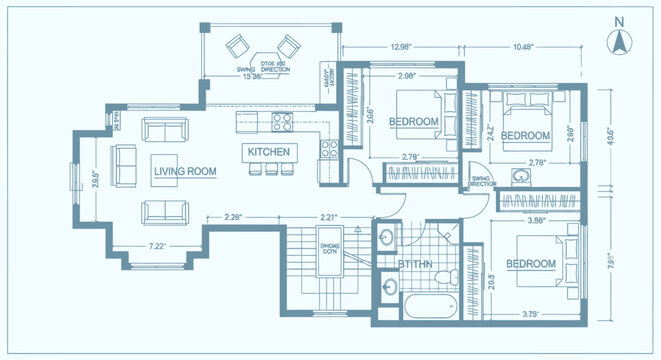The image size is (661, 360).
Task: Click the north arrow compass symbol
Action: point(619,40)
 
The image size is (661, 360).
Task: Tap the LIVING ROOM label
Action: point(185,172)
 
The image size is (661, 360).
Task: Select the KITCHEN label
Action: point(268,151)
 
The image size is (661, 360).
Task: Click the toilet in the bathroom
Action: point(452,275)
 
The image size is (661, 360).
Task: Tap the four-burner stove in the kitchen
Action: point(281,124)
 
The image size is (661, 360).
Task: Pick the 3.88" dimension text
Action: point(537,220)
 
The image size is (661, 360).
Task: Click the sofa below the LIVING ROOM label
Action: point(162,211)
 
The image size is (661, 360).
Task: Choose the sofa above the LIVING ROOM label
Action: point(163,130)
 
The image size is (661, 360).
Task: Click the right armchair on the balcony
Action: point(289,45)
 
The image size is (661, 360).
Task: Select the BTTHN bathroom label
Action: point(414,265)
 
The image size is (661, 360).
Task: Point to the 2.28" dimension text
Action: point(235,216)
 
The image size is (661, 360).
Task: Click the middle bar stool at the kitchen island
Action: point(268,170)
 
